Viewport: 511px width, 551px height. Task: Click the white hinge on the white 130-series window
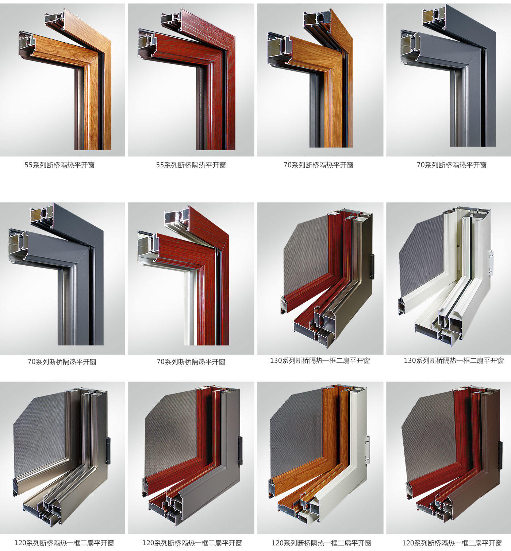[x=491, y=262]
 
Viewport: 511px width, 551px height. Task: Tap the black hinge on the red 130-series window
[x=372, y=266]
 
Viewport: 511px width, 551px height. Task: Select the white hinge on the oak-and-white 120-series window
[x=368, y=450]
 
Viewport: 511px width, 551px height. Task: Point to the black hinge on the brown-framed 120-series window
[x=500, y=455]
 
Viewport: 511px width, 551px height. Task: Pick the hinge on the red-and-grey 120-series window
[x=240, y=451]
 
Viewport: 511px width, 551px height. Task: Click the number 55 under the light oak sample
[x=28, y=165]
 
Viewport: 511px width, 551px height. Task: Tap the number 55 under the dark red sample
[x=160, y=165]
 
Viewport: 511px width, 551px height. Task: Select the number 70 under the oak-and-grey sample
[x=287, y=165]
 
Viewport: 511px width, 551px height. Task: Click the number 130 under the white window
[x=410, y=360]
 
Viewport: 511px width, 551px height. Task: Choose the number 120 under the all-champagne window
[x=20, y=543]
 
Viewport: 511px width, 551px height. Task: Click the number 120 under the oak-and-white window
[x=277, y=543]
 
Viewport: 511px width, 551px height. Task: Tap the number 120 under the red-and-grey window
[x=148, y=543]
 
